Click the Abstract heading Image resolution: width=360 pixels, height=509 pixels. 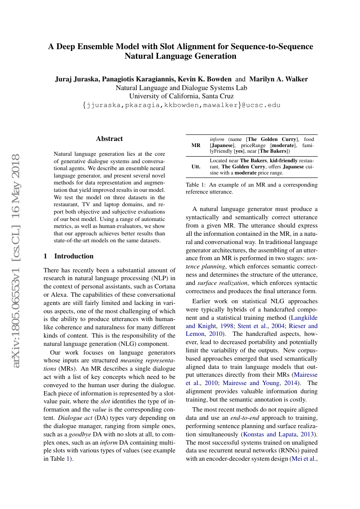point(109,139)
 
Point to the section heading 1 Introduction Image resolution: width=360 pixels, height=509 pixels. point(69,256)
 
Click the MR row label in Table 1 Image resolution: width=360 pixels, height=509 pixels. point(196,145)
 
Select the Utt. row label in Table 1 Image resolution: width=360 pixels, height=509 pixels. point(196,167)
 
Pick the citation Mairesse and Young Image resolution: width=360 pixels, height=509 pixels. point(259,383)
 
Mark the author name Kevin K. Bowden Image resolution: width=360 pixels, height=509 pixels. point(209,79)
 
